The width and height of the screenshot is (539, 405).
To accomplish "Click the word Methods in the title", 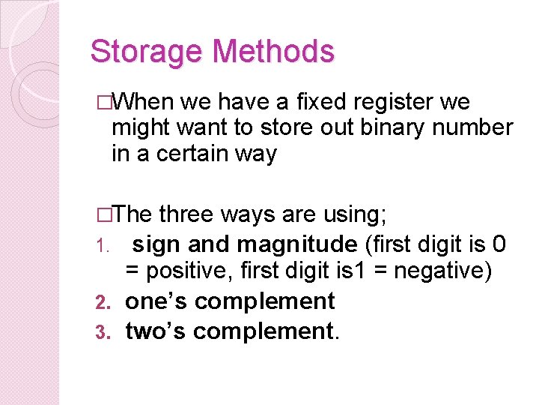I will pos(274,52).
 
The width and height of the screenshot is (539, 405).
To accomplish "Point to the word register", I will pos(392,103).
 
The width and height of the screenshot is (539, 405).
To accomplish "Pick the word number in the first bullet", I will pos(475,127).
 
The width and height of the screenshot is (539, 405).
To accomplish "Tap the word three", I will pos(187,214).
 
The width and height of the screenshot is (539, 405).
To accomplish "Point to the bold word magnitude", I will pos(296,245).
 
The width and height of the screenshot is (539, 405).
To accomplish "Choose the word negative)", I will pos(442,271).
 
